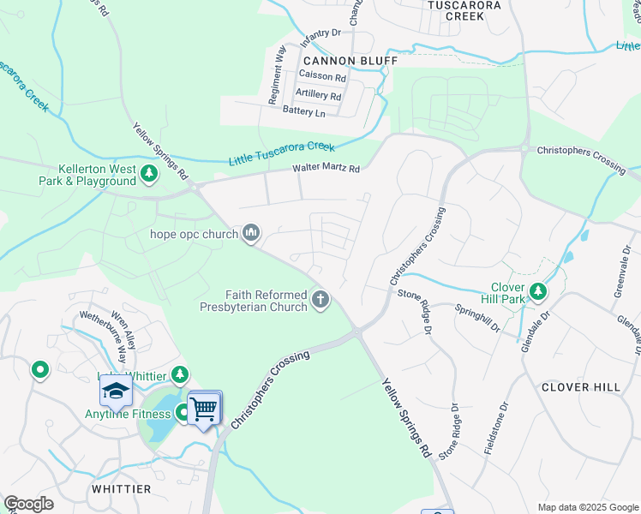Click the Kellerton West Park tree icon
(x=150, y=175)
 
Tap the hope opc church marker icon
(x=252, y=233)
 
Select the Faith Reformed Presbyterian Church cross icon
(x=320, y=300)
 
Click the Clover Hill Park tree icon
(x=538, y=293)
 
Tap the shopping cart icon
(x=204, y=409)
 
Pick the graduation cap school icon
(x=116, y=391)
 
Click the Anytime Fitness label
(x=128, y=415)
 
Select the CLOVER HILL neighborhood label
(x=581, y=387)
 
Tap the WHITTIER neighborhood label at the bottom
(x=121, y=489)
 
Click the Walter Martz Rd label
(x=326, y=169)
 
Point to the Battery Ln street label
(x=304, y=112)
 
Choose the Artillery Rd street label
(x=318, y=93)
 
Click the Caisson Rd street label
(x=321, y=77)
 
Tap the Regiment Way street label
(x=276, y=75)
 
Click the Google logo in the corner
(x=28, y=504)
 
